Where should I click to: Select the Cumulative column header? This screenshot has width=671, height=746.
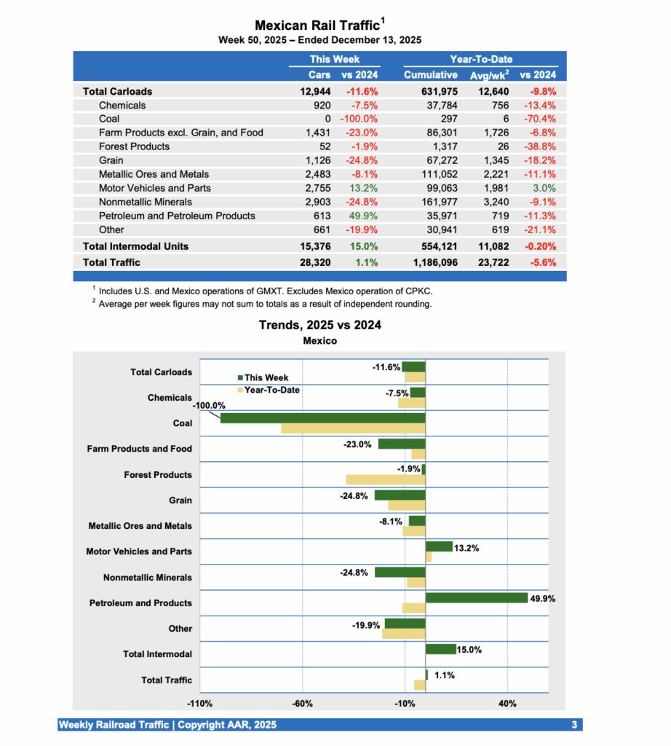[431, 74]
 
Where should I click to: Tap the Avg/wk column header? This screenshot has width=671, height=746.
[489, 74]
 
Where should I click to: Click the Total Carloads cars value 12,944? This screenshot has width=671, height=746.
[315, 92]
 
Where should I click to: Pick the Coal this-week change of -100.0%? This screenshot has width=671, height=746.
[358, 119]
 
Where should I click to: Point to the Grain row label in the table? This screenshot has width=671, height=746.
[111, 161]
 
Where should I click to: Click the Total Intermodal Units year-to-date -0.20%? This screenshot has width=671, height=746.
[539, 247]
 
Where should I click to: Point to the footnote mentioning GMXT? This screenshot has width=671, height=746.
[265, 290]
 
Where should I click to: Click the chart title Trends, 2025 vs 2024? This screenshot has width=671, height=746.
[319, 325]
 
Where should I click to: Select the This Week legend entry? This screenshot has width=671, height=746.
[266, 377]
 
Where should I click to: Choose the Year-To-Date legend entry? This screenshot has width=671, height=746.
[271, 390]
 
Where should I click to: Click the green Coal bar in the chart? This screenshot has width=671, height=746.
[322, 418]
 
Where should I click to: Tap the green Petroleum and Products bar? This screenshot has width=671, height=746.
[476, 598]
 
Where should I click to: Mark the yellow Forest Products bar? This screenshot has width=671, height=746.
[385, 479]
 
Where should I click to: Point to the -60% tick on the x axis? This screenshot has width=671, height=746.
[302, 704]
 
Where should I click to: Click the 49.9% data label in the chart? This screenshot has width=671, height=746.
[544, 599]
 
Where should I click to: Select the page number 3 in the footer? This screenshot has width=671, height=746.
[574, 725]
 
